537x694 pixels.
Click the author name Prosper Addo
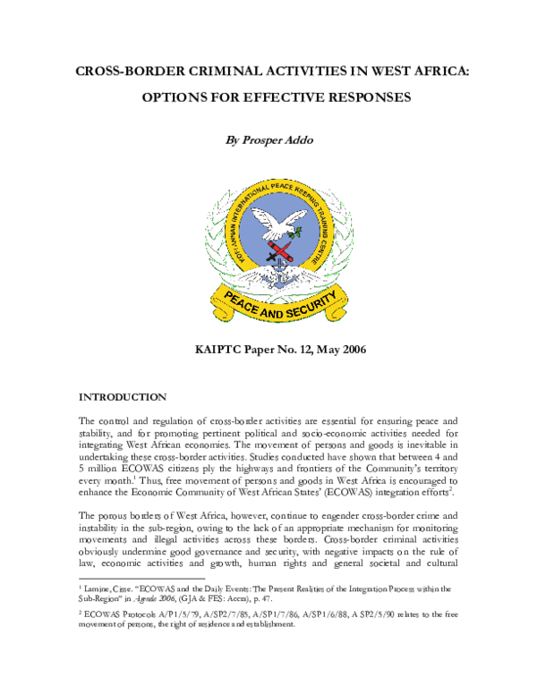pos(279,140)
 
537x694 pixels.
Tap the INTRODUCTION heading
pos(122,396)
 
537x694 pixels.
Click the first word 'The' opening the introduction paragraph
pos(90,420)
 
